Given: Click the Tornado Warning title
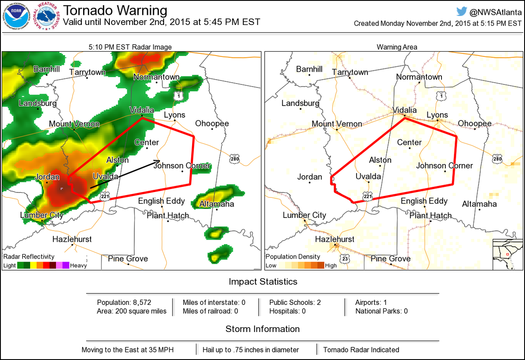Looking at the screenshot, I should point(115,10).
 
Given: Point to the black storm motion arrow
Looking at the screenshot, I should point(125,175).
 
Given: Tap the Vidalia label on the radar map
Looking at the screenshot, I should point(141,110).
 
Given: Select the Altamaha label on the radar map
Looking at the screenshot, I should point(217,204).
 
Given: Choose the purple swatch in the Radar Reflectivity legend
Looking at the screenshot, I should point(66,265).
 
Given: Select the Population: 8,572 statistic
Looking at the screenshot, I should point(124,302).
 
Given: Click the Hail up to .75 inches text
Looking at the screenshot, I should point(251,350).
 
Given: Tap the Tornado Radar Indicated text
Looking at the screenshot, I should point(361,350).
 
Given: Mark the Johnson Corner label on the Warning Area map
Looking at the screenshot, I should point(444,166).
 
